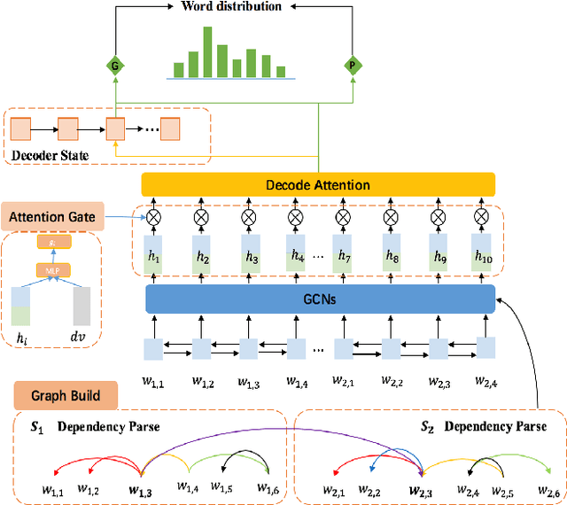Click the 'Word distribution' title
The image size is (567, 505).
click(x=231, y=7)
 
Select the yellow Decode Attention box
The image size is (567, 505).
click(x=317, y=185)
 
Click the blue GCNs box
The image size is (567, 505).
click(x=319, y=300)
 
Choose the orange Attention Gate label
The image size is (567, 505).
click(x=53, y=215)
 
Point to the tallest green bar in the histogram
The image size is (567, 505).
click(x=208, y=52)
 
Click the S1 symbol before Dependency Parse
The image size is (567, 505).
click(x=36, y=427)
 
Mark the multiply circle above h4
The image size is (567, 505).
click(x=295, y=216)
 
